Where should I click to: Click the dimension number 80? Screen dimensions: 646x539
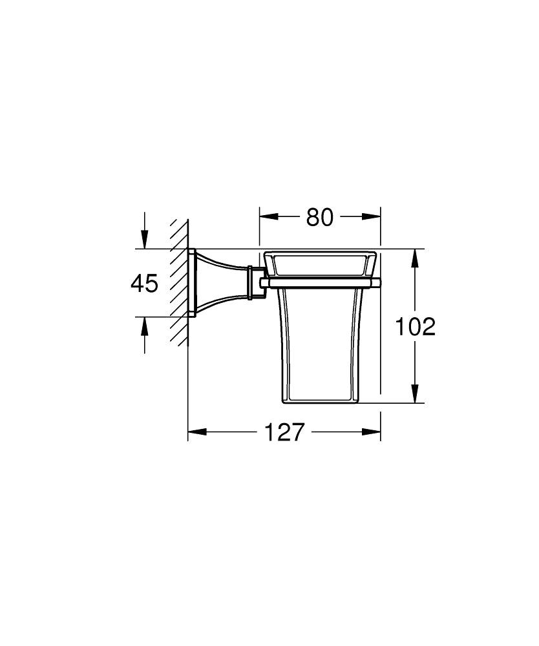point(319,218)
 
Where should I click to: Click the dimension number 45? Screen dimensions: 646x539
point(144,283)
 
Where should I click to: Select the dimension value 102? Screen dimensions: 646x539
point(416,328)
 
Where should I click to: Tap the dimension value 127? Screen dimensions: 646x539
point(284,432)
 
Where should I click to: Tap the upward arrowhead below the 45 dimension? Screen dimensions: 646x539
point(144,325)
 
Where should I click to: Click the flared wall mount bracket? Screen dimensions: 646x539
point(220,282)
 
